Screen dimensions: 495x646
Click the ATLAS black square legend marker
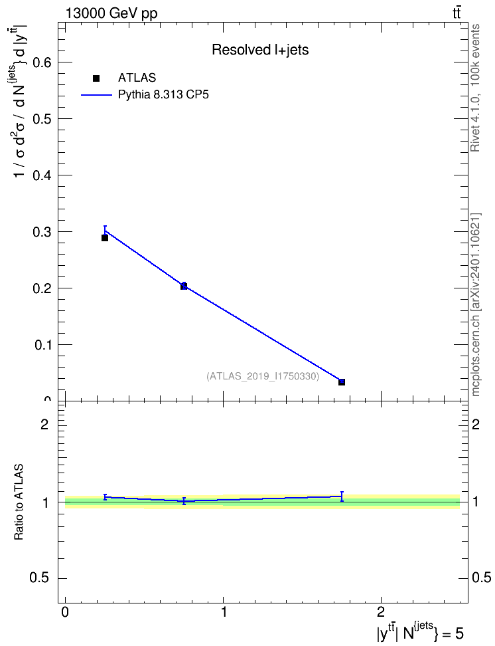[x=96, y=78]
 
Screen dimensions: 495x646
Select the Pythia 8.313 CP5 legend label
[x=163, y=95]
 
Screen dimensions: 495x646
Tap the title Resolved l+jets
[x=260, y=50]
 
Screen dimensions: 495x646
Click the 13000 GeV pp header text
[x=111, y=13]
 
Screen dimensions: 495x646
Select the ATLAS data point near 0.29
[x=105, y=238]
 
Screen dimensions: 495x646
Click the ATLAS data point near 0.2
[x=184, y=286]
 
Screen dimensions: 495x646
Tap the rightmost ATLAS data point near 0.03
[x=342, y=382]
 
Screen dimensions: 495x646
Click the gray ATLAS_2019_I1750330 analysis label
[x=263, y=376]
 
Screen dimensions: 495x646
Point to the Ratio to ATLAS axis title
[x=19, y=502]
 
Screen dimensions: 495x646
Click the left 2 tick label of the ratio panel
[x=44, y=424]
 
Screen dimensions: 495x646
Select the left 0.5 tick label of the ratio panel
[x=39, y=578]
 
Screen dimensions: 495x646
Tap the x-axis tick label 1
[x=224, y=612]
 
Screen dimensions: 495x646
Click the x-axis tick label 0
[x=66, y=612]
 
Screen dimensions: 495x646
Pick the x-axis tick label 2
[x=381, y=612]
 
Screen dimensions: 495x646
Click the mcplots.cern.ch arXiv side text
[x=476, y=305]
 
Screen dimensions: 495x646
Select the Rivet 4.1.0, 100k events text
[x=476, y=88]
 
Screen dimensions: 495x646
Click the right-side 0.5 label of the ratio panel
[x=481, y=578]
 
